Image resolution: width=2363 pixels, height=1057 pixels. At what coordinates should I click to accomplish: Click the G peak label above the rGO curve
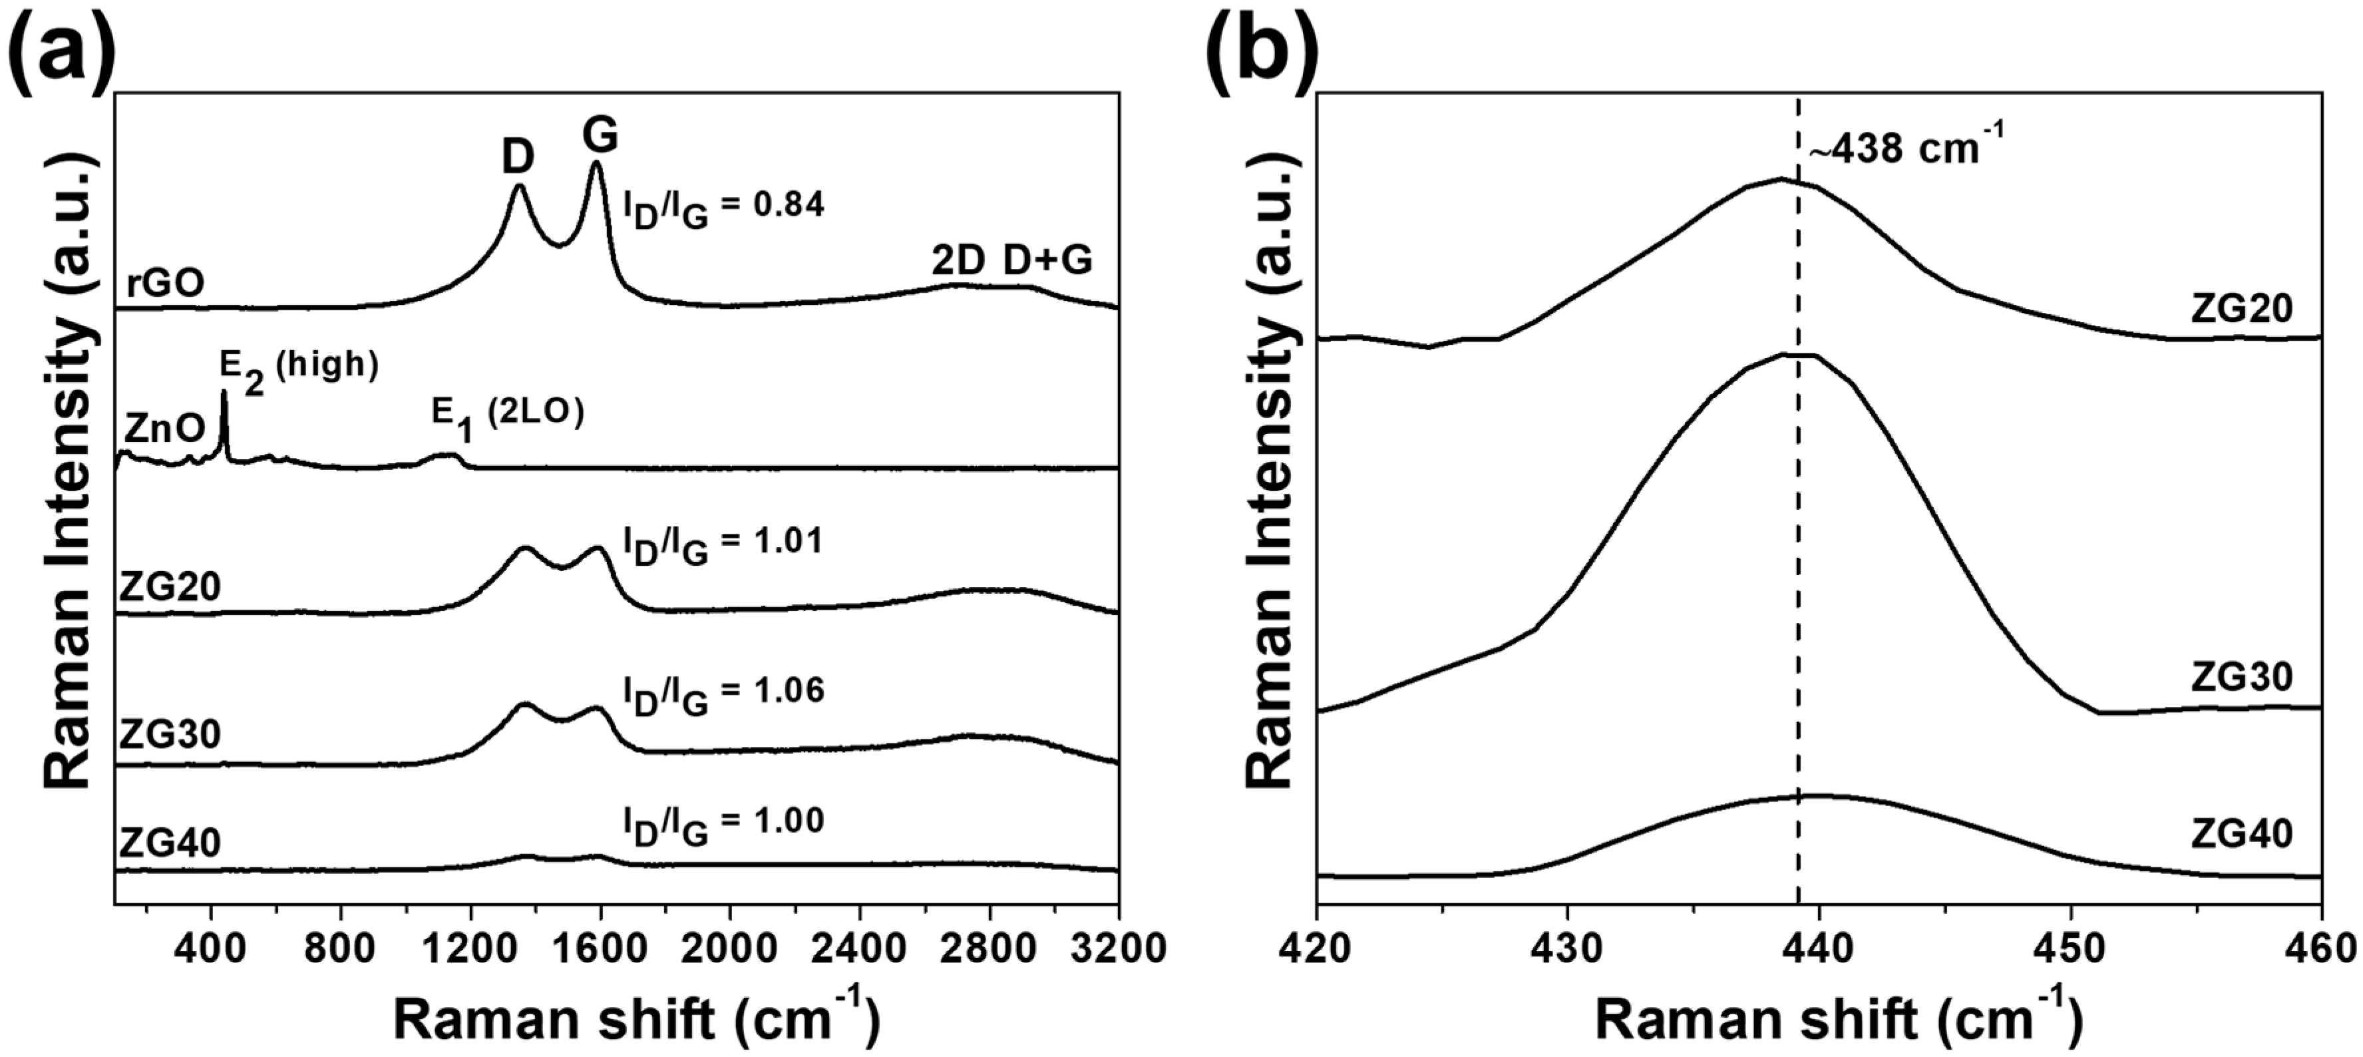coord(601,136)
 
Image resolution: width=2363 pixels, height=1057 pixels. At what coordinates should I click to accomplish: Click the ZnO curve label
coord(165,429)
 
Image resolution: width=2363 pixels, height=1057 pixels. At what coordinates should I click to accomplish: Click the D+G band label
coord(1047,262)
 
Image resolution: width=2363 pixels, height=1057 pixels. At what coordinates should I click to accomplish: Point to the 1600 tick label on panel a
coord(601,948)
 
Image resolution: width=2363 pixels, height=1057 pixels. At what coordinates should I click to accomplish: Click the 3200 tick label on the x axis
coord(1117,948)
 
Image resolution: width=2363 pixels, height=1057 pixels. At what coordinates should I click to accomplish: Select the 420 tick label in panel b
coord(1318,948)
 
